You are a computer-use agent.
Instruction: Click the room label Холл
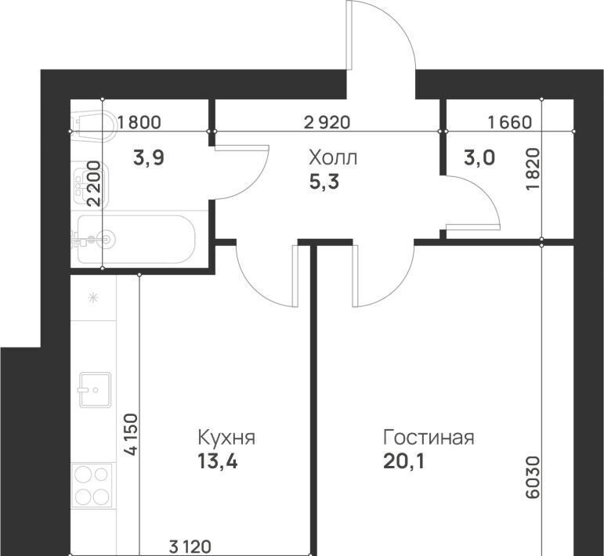point(333,158)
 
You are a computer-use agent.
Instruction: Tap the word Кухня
point(226,438)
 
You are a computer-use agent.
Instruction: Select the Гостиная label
point(429,438)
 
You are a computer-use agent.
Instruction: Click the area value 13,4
point(218,461)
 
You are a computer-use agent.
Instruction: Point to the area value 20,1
point(403,461)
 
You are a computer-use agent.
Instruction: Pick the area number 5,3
point(324,182)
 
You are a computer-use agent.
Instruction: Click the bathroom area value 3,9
point(149,158)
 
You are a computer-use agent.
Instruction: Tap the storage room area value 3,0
point(479,158)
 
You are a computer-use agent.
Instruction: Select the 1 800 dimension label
point(139,122)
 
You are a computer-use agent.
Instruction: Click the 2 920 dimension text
point(327,122)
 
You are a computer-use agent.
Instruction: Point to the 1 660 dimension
point(510,122)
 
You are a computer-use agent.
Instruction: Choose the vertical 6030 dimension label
point(534,478)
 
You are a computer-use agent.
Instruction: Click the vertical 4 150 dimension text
point(132,435)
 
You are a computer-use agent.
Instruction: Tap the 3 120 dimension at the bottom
point(190,547)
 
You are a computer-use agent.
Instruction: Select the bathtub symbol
point(136,239)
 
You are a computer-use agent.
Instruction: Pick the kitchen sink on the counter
point(95,390)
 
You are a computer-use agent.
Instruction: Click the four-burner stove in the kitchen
point(92,486)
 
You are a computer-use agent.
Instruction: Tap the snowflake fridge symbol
point(93,298)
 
